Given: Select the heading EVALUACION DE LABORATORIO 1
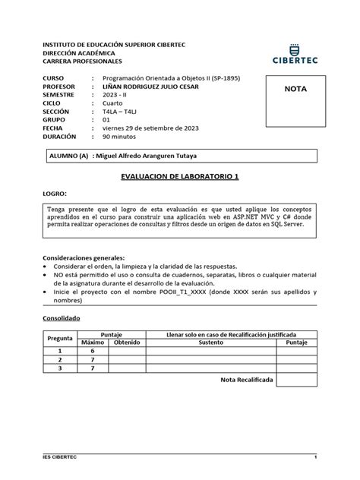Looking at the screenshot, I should pos(180,176).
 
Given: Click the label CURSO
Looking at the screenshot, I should pos(56,78).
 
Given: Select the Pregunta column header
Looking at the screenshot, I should pos(60,339).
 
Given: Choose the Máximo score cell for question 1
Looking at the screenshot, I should pos(92,351).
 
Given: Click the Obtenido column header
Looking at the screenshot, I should pos(127,343).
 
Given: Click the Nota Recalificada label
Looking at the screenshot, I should pos(248,379).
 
